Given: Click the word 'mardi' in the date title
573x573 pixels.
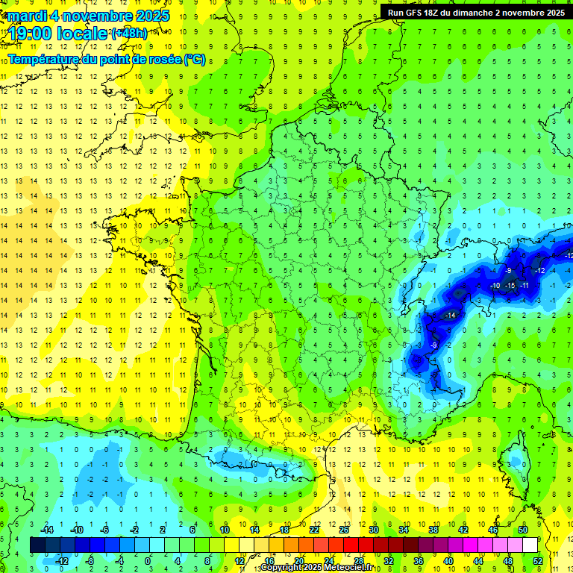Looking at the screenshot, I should [x=25, y=16].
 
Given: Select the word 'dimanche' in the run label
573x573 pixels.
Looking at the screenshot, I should [x=486, y=13].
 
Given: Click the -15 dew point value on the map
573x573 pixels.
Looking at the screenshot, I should [x=510, y=286].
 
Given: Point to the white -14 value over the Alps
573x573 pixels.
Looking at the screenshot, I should [x=450, y=316].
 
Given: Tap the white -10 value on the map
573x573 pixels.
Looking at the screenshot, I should [x=495, y=286].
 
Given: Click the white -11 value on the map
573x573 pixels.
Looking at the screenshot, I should [x=525, y=286].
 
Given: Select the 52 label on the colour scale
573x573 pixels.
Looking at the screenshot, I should [x=538, y=561].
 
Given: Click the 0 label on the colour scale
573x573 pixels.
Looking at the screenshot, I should [x=147, y=561].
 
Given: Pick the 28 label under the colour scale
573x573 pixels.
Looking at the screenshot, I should [x=358, y=561].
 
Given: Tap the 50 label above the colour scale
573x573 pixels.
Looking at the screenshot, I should [x=523, y=529].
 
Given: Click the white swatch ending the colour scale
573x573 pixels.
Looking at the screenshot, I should [x=530, y=545].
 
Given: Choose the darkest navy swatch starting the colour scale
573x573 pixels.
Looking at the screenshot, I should [x=37, y=545].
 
